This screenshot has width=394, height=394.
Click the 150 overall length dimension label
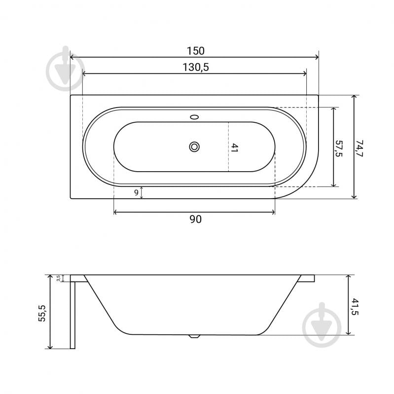point(195,51)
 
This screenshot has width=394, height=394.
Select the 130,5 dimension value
point(195,68)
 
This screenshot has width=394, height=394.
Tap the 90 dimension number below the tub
point(195,219)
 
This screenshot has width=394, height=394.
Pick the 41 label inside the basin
point(234,148)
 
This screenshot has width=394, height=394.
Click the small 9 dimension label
point(136,193)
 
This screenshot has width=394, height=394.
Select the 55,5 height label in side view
point(42,313)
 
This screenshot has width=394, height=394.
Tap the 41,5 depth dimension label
point(355,307)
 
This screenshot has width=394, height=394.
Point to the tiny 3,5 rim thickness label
point(58,278)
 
